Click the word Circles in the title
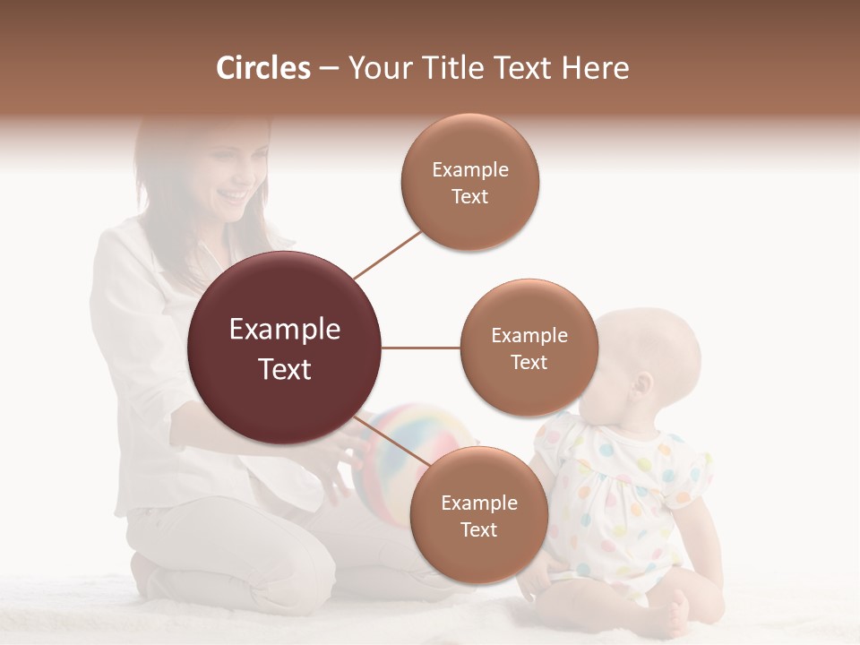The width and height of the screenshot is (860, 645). pyautogui.click(x=262, y=68)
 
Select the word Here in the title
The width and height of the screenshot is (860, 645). pyautogui.click(x=596, y=68)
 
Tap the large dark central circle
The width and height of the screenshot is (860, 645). pyautogui.click(x=285, y=348)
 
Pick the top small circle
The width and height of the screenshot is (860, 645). pyautogui.click(x=469, y=182)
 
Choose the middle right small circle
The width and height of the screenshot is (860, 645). pyautogui.click(x=529, y=348)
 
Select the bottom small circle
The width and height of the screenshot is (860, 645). pyautogui.click(x=478, y=515)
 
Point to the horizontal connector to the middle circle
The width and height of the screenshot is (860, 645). pyautogui.click(x=421, y=348)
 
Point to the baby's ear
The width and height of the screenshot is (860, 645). pyautogui.click(x=641, y=387)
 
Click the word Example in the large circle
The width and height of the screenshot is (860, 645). pyautogui.click(x=285, y=330)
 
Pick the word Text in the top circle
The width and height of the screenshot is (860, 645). pyautogui.click(x=469, y=196)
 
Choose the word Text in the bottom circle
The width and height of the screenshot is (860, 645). pyautogui.click(x=478, y=529)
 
